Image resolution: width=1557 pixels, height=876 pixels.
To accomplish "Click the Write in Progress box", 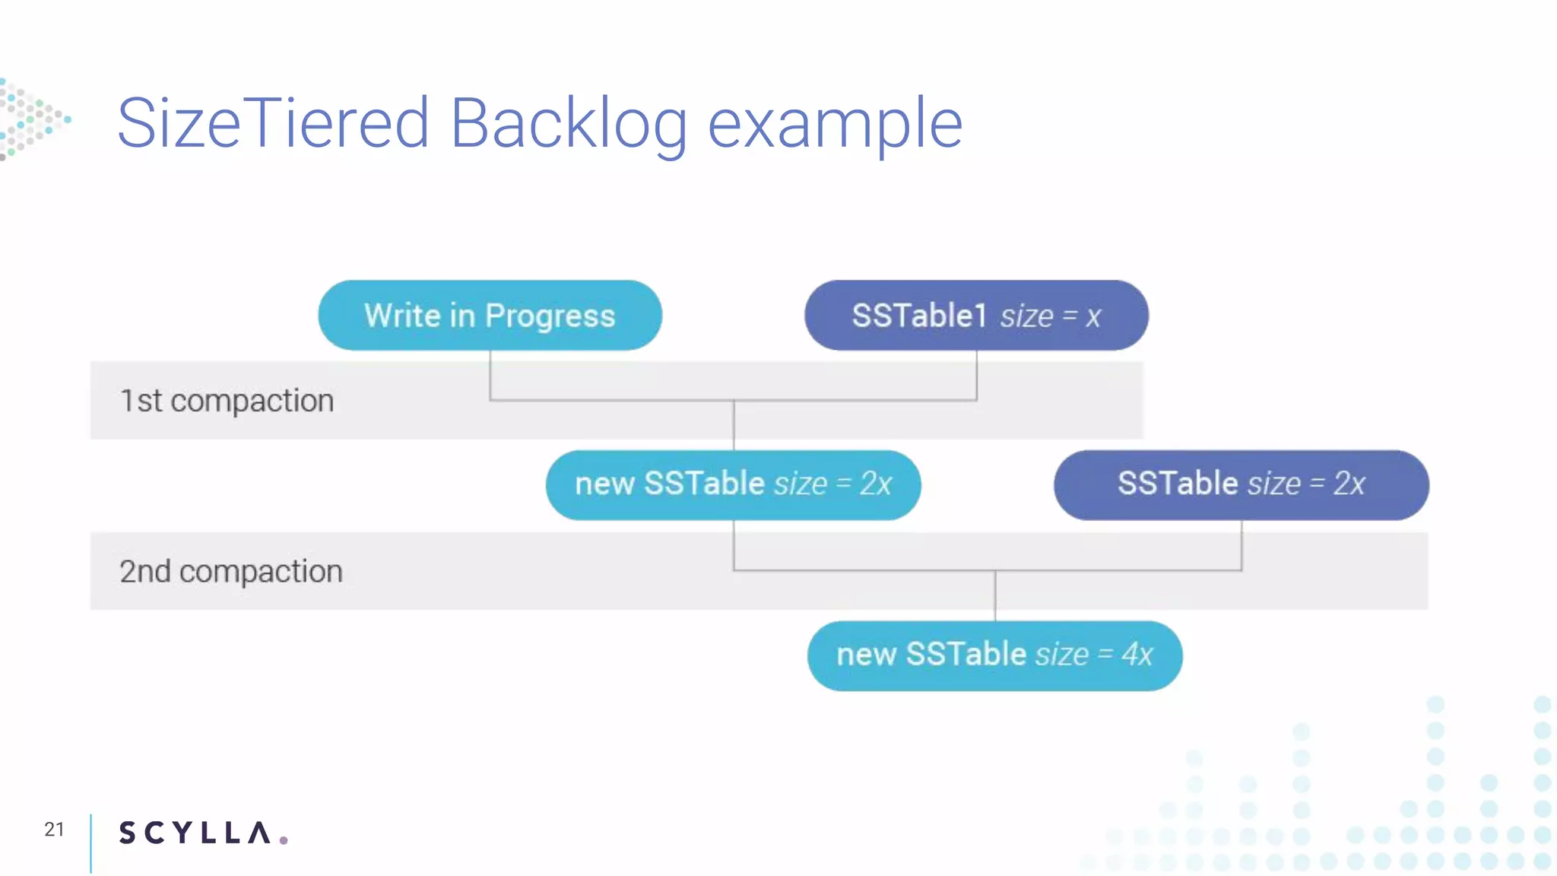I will (490, 316).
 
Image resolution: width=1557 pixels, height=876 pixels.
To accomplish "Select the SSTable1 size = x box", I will (976, 316).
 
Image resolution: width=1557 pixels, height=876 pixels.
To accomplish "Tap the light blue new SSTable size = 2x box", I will (733, 484).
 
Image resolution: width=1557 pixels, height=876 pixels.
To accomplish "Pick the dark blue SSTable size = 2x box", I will (1241, 484).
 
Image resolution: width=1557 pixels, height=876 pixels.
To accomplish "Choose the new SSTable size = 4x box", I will (994, 655).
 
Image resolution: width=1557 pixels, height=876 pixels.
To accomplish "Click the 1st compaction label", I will (227, 401).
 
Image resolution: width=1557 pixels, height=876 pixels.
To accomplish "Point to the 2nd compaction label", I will (231, 571).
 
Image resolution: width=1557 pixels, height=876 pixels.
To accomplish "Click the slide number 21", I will (54, 829).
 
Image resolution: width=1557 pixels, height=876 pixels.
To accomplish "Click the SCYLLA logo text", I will (195, 833).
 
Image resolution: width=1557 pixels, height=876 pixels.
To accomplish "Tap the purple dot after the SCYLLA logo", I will (284, 839).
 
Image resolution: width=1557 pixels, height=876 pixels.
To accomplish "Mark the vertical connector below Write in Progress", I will (490, 374).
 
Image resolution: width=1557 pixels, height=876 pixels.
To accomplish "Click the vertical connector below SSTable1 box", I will (976, 374).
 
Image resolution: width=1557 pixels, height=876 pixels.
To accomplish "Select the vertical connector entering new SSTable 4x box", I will (995, 596).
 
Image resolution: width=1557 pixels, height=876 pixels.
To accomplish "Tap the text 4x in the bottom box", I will (1137, 655).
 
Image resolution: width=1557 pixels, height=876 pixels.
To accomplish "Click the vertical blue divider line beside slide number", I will (90, 843).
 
